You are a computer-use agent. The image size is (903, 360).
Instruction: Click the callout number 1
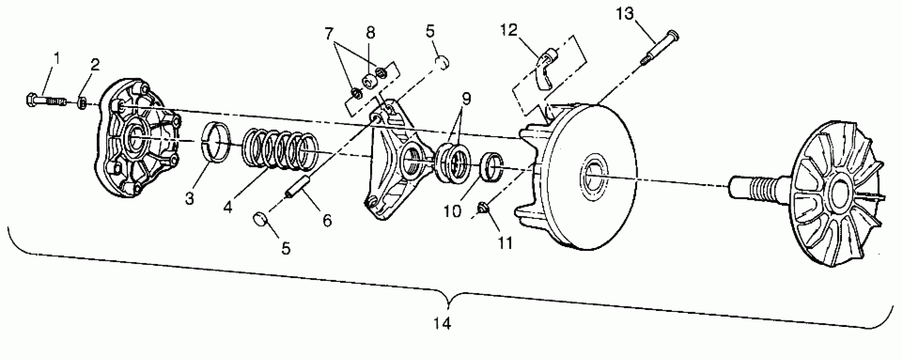(x=56, y=58)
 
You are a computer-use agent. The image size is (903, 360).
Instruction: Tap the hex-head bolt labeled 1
(x=46, y=101)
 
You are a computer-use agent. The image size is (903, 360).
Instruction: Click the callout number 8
(x=370, y=32)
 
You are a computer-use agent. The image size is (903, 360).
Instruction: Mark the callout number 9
(x=466, y=99)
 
